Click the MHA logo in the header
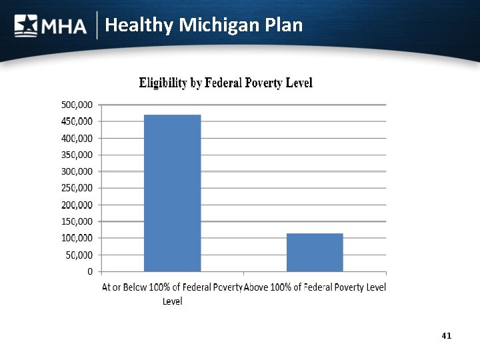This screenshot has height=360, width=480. tap(51, 25)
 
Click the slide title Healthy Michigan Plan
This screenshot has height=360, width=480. tap(204, 25)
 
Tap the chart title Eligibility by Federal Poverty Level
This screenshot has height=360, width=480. tap(225, 83)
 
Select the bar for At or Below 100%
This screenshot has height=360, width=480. tap(172, 193)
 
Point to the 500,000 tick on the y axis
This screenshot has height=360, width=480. tap(77, 105)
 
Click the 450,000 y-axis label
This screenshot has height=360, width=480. tap(77, 121)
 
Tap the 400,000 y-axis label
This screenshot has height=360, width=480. tap(77, 138)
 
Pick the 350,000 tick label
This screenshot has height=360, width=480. tap(77, 155)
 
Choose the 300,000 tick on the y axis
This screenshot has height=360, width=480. tap(77, 171)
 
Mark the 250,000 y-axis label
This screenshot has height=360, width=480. tap(77, 188)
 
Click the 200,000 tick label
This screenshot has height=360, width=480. tap(77, 205)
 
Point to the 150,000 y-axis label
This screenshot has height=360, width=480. tap(77, 221)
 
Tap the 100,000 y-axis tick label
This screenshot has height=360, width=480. tap(77, 238)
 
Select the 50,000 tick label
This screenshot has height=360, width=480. tap(79, 255)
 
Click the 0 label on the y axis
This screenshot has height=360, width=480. tap(89, 271)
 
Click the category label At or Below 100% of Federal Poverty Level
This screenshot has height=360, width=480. tap(172, 293)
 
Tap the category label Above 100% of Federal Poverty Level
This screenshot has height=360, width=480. tap(315, 287)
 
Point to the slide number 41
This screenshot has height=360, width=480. tap(446, 335)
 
